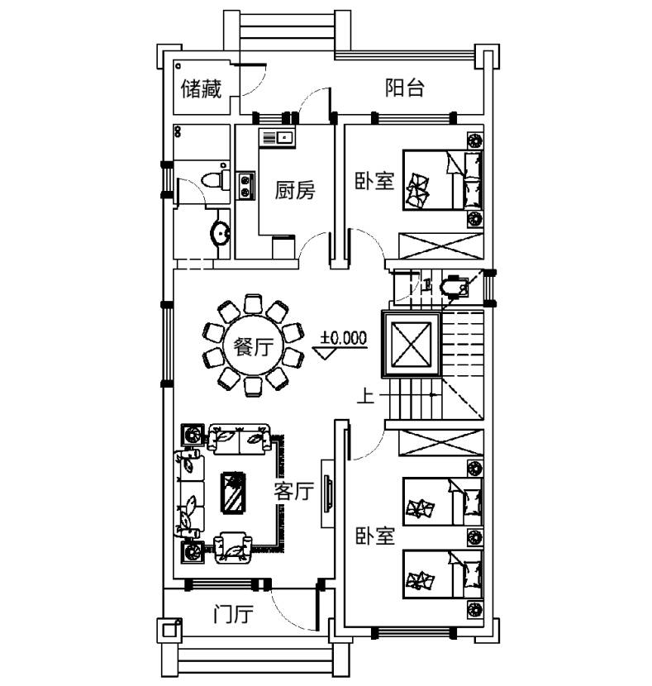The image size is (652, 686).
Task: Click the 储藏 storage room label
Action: pyautogui.click(x=202, y=88)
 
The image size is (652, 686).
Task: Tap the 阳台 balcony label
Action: pyautogui.click(x=405, y=88)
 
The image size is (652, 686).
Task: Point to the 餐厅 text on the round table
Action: pyautogui.click(x=251, y=347)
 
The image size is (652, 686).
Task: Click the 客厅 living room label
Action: pyautogui.click(x=294, y=493)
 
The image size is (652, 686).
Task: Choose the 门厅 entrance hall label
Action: pyautogui.click(x=232, y=615)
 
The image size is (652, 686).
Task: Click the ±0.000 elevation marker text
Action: pyautogui.click(x=344, y=338)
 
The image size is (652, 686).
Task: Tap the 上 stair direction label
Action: pyautogui.click(x=364, y=397)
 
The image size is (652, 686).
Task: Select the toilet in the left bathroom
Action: pyautogui.click(x=217, y=181)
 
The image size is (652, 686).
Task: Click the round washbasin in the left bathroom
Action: pyautogui.click(x=221, y=232)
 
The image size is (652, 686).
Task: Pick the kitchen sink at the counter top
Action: pyautogui.click(x=278, y=137)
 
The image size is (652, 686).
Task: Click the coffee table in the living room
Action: pyautogui.click(x=236, y=493)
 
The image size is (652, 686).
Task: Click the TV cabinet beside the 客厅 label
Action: pyautogui.click(x=328, y=493)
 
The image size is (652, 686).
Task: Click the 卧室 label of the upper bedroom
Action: pyautogui.click(x=374, y=180)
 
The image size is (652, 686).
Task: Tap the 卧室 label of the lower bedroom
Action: pyautogui.click(x=374, y=536)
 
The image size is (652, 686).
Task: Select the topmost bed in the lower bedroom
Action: pyautogui.click(x=442, y=502)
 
